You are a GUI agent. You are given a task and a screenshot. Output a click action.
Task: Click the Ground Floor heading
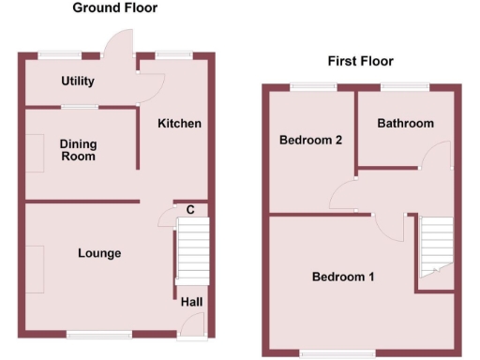pyautogui.click(x=114, y=8)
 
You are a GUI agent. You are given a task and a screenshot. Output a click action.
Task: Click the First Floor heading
pyautogui.click(x=360, y=62)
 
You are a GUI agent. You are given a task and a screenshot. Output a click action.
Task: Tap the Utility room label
pyautogui.click(x=78, y=82)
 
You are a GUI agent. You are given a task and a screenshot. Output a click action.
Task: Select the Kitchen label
pyautogui.click(x=179, y=124)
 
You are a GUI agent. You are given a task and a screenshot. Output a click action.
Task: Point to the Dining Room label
pyautogui.click(x=78, y=150)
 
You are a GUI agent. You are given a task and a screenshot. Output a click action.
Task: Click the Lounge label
pyautogui.click(x=99, y=253)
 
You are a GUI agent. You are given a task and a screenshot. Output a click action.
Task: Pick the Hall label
pyautogui.click(x=190, y=302)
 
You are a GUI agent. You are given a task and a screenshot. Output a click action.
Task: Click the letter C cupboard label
pyautogui.click(x=190, y=210)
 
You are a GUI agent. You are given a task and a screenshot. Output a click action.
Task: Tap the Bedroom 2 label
pyautogui.click(x=310, y=141)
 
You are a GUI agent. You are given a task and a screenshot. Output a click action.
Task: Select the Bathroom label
pyautogui.click(x=406, y=124)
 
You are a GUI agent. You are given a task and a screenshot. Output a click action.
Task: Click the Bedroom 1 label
pyautogui.click(x=343, y=277)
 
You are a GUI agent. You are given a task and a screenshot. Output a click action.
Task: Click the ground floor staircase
pyautogui.click(x=190, y=253)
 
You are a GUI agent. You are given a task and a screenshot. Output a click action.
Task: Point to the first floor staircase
pyautogui.click(x=435, y=246)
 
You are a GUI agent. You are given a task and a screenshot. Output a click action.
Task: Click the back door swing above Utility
pyautogui.click(x=120, y=43)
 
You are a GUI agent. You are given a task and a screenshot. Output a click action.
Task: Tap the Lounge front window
pyautogui.click(x=98, y=334)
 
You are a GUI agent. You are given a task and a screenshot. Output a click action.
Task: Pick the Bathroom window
pyautogui.click(x=405, y=87)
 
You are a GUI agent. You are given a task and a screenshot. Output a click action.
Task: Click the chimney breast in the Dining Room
pyautogui.click(x=34, y=153)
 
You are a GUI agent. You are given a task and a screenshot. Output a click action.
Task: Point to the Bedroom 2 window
pyautogui.click(x=312, y=87)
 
